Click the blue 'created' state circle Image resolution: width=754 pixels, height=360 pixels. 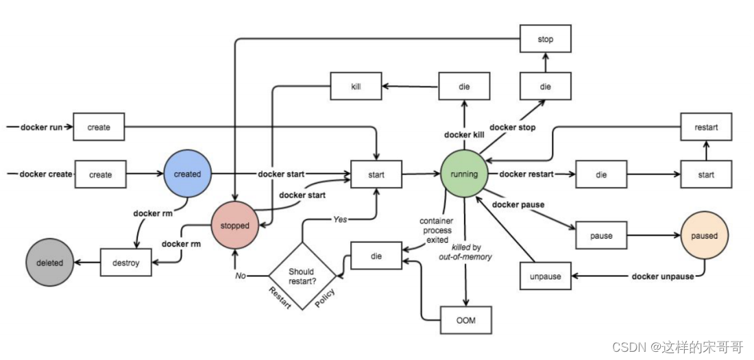[x=187, y=174]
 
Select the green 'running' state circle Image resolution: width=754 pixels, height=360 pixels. [x=464, y=174]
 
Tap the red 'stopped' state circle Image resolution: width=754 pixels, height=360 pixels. [x=235, y=225]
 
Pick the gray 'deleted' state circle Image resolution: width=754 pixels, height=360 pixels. [x=49, y=263]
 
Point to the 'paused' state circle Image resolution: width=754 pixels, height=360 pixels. [x=704, y=236]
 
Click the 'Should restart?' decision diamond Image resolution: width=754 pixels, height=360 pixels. [x=302, y=276]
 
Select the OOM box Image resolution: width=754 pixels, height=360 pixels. [x=466, y=320]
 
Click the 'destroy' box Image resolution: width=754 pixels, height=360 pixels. [x=125, y=263]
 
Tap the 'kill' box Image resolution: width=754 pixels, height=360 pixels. [x=356, y=87]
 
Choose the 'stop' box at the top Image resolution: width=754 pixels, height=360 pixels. [x=545, y=40]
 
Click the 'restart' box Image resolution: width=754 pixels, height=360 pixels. [x=705, y=127]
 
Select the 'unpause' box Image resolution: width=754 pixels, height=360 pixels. [x=546, y=276]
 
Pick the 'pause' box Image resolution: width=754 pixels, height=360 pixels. [x=601, y=236]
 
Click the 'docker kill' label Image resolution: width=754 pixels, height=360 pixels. [x=464, y=134]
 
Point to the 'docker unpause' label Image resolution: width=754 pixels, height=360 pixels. [x=662, y=276]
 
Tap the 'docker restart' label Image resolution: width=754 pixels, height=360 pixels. [x=526, y=174]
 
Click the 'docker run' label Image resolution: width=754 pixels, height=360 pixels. [x=41, y=128]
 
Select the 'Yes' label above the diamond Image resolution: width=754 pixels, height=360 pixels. [x=340, y=219]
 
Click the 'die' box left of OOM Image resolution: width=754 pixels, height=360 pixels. [x=376, y=256]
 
